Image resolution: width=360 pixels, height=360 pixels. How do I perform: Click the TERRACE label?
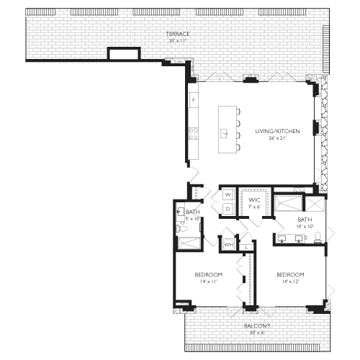178,34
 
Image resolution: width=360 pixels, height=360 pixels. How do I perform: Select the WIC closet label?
254,199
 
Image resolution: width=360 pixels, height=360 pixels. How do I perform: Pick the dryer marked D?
227,209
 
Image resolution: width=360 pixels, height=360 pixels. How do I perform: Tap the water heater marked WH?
228,245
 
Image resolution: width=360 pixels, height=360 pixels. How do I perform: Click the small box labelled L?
246,247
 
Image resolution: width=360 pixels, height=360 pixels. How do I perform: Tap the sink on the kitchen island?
225,134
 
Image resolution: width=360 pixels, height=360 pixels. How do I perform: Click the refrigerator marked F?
192,100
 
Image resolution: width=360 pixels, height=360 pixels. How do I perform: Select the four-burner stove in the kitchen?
192,132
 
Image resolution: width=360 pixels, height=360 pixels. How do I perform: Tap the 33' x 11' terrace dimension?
177,41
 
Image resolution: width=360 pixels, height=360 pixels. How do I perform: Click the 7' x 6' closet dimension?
254,207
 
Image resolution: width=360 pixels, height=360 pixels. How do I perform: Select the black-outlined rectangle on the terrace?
122,55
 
